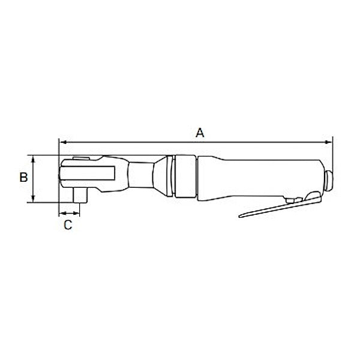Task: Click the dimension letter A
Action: [x=200, y=133]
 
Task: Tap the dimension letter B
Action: [x=23, y=178]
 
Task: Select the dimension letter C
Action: [x=68, y=225]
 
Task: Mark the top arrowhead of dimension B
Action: [x=34, y=158]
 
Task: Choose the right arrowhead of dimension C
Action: [x=78, y=213]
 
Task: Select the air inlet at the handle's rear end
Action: [x=329, y=178]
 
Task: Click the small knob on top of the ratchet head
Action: [x=79, y=158]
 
